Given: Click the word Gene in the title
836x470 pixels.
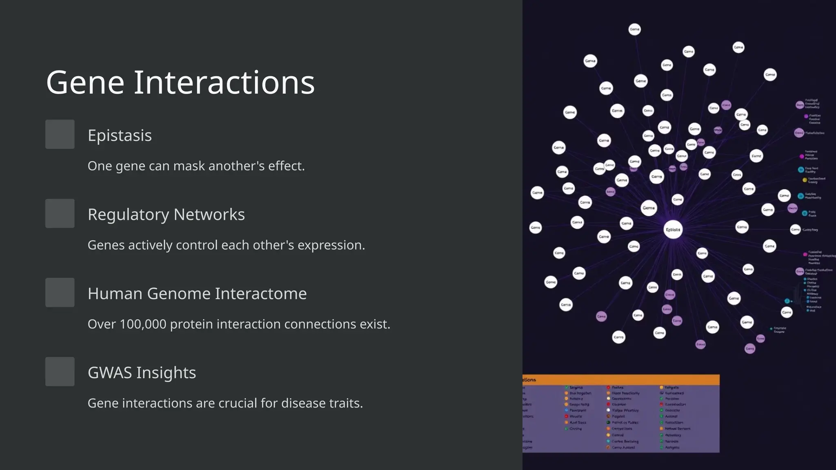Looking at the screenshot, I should click(85, 83).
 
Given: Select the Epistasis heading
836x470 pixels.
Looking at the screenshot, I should click(120, 135).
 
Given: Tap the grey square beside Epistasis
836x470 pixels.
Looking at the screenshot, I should click(60, 134).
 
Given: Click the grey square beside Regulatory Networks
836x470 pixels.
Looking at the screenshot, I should click(60, 213).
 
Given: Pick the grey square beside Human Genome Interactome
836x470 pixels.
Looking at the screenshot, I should click(60, 293).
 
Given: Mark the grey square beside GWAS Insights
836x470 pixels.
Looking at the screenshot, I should click(60, 372).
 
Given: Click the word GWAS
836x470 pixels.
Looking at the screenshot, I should click(109, 373).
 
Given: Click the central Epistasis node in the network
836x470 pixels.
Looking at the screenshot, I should click(673, 230).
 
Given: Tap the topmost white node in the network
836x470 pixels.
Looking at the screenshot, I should click(634, 29).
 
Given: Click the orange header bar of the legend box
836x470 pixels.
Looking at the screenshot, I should click(620, 380).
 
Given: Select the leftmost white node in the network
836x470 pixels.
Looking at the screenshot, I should click(535, 228).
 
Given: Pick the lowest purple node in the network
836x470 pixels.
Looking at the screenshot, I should click(750, 349).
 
